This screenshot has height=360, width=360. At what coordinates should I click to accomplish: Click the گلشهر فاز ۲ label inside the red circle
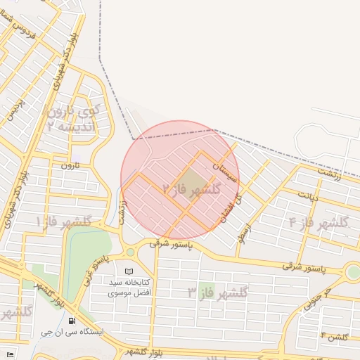coord(192,189)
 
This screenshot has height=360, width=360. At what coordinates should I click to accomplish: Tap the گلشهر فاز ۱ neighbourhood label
coord(64,221)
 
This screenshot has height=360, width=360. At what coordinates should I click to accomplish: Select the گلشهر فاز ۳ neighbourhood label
coord(218,292)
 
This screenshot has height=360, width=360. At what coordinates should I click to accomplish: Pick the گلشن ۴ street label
coord(334,337)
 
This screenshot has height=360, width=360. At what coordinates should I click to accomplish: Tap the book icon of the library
coord(128,271)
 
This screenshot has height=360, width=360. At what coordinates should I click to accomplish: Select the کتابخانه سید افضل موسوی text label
coord(127,287)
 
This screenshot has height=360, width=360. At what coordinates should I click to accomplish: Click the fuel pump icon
coord(72,321)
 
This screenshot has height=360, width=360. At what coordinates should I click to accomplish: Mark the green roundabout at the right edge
coord(353,272)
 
